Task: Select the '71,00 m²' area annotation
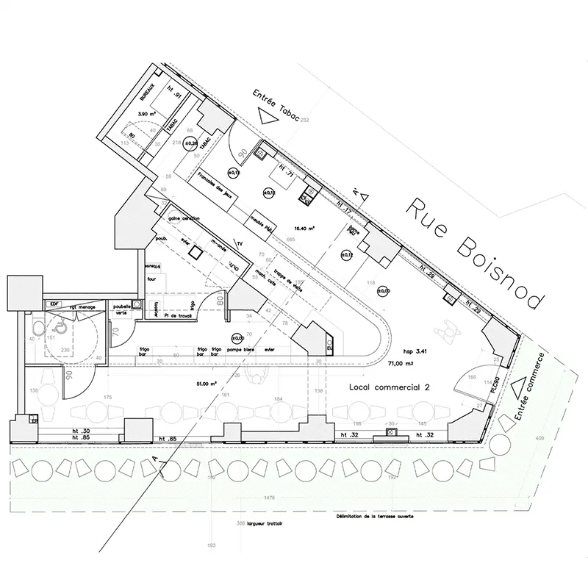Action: (x=401, y=362)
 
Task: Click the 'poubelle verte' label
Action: (x=121, y=309)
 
